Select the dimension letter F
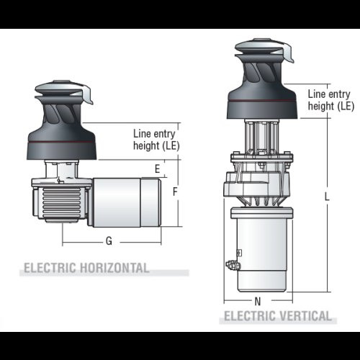(x=175, y=192)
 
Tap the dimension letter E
(x=156, y=168)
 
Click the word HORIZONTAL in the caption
(x=116, y=268)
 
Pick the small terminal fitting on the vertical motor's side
(x=232, y=266)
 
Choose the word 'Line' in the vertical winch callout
(x=318, y=94)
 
